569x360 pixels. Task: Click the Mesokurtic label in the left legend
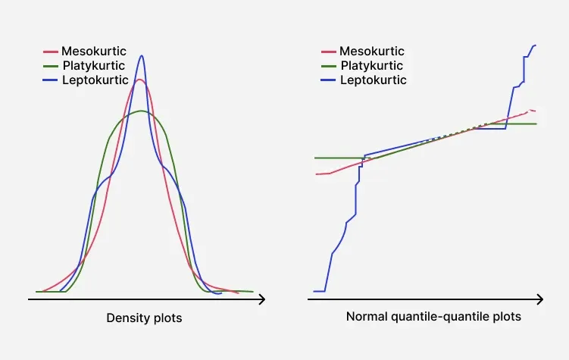click(93, 52)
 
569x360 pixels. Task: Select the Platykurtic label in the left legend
click(94, 66)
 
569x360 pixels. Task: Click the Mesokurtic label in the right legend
click(371, 52)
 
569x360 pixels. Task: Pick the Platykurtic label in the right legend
click(372, 66)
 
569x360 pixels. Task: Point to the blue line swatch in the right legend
click(329, 80)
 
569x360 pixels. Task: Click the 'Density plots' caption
click(144, 318)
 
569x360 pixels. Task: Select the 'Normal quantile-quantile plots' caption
click(433, 317)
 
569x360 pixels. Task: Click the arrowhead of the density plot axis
click(261, 299)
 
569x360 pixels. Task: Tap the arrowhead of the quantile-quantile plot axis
click(539, 299)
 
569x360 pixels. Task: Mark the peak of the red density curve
click(139, 79)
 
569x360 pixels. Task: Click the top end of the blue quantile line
click(535, 45)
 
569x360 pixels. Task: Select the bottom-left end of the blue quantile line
click(315, 291)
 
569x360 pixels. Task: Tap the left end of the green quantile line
click(315, 158)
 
